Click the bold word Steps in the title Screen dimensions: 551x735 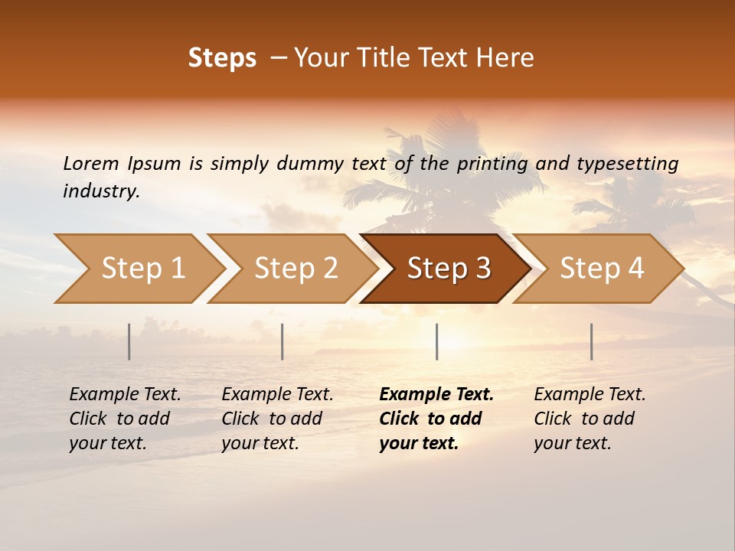coord(222,58)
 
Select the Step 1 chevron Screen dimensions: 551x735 coord(142,268)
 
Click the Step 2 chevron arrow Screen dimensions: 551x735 coord(296,268)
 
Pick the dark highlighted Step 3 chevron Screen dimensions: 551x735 coord(449,268)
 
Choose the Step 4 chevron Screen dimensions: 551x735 coord(602,268)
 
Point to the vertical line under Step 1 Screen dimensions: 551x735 coord(129,341)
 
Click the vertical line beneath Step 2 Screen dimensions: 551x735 coord(283,341)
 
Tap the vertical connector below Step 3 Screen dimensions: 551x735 coord(436,341)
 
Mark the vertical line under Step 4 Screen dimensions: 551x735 coord(591,341)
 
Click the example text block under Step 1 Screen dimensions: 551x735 coord(125,419)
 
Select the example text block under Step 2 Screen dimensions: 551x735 coord(277,419)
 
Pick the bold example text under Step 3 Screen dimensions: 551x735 coord(436,419)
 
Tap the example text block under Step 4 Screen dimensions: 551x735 coord(590,419)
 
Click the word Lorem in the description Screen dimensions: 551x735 coord(90,164)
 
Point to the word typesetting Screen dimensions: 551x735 coord(627,164)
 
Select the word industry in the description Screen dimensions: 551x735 coord(101,191)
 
